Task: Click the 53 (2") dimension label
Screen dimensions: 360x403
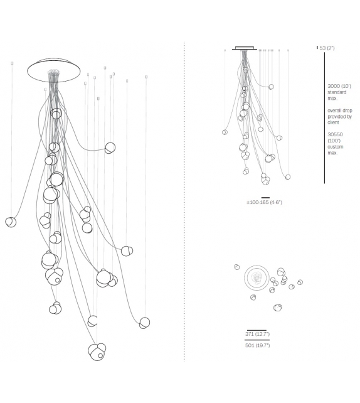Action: click(x=327, y=48)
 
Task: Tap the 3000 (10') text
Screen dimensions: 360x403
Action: click(x=339, y=86)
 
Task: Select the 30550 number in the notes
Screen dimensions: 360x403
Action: click(x=335, y=134)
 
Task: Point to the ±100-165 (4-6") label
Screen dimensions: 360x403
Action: click(x=264, y=202)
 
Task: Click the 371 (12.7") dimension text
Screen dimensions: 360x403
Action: click(x=257, y=334)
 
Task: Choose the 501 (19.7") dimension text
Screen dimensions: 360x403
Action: click(x=257, y=345)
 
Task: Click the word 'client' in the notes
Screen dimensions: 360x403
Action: click(x=333, y=122)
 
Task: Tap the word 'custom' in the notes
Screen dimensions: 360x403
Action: click(x=335, y=147)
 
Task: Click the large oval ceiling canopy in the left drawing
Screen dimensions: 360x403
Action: click(x=54, y=82)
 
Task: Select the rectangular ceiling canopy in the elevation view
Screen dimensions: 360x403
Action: click(x=245, y=48)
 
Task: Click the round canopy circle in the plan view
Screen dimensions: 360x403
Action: click(x=257, y=266)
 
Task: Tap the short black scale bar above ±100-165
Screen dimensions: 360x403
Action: click(x=265, y=198)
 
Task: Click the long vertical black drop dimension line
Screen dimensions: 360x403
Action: click(x=324, y=118)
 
